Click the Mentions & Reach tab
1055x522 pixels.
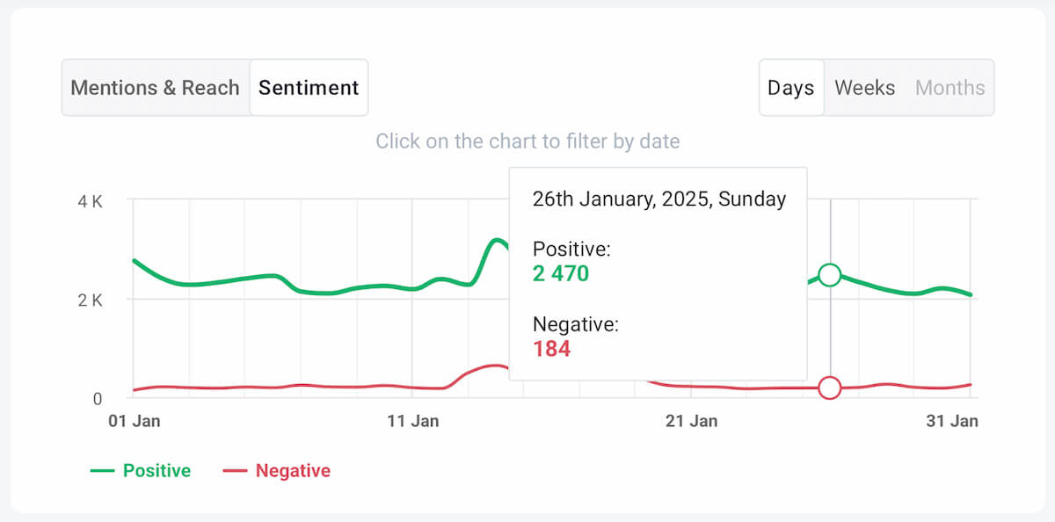click(155, 88)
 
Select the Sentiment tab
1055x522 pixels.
click(309, 88)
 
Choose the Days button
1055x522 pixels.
click(790, 88)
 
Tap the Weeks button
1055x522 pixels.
click(864, 88)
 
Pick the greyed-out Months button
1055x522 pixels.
click(949, 88)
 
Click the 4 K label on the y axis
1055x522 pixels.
click(91, 201)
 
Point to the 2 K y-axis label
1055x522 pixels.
click(91, 300)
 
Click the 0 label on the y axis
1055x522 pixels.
click(98, 398)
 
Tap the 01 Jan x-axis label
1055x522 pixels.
click(134, 421)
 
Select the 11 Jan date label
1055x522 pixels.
click(412, 421)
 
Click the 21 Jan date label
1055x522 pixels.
click(691, 421)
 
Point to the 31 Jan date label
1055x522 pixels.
click(952, 421)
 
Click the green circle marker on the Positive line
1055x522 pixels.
click(829, 275)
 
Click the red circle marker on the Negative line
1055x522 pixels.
click(829, 388)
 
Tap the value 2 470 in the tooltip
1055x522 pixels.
click(561, 273)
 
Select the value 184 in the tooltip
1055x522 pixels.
click(551, 349)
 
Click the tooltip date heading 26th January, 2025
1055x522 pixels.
click(658, 199)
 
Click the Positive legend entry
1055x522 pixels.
click(141, 471)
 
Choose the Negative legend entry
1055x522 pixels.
click(277, 471)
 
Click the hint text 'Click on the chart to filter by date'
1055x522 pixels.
click(527, 141)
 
